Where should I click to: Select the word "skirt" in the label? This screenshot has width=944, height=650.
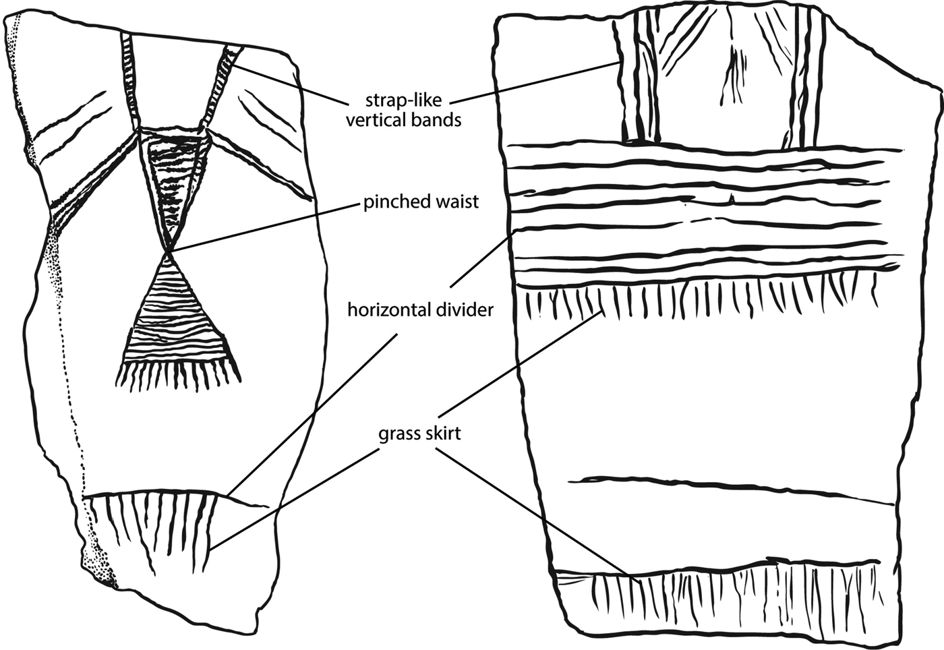pyautogui.click(x=442, y=433)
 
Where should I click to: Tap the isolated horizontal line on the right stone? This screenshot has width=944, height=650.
pyautogui.click(x=728, y=489)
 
